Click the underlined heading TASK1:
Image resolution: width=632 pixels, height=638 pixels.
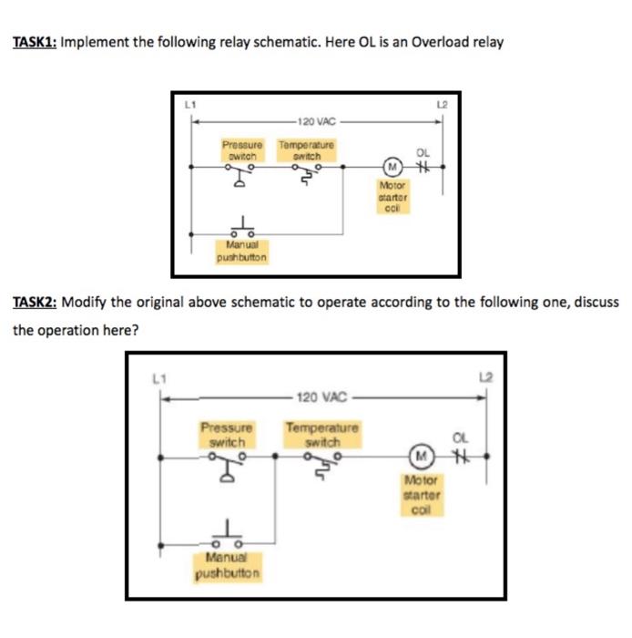point(34,43)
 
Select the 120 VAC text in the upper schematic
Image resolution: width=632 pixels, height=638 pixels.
point(315,120)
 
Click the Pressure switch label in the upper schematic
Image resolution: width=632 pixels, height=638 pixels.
point(242,149)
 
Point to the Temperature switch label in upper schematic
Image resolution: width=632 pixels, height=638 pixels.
point(306,149)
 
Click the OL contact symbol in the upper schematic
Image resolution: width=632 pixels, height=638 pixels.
point(422,168)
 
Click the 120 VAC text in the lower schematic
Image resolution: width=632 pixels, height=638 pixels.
point(321,397)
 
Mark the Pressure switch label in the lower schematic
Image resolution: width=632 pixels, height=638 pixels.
point(226,434)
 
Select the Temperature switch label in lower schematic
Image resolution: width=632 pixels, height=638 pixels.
point(322,434)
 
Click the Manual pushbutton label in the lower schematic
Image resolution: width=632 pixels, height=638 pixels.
point(227,566)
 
